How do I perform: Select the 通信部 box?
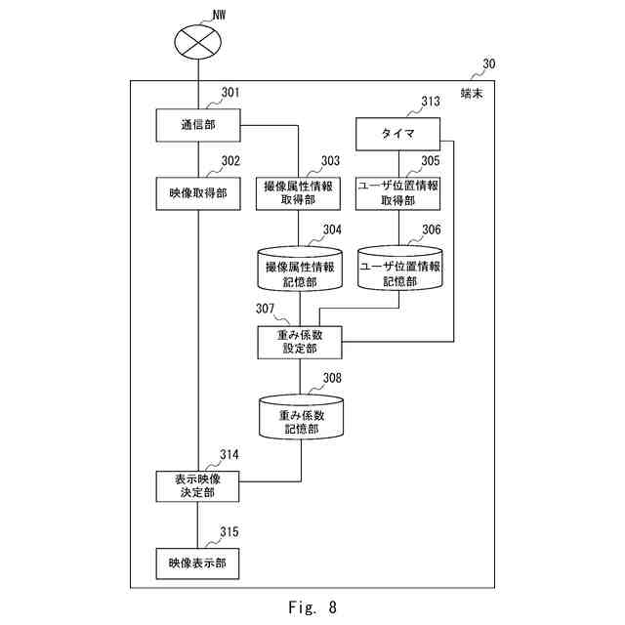click(198, 125)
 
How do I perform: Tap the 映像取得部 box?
click(198, 192)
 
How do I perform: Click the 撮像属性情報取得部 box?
click(298, 192)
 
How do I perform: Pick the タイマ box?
click(398, 132)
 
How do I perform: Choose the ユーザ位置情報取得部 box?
click(398, 192)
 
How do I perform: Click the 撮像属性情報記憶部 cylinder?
click(298, 270)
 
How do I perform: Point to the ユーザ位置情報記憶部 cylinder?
click(398, 270)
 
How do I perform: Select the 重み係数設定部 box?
click(300, 342)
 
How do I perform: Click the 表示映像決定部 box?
click(198, 485)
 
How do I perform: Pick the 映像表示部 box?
click(198, 563)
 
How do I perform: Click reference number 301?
click(230, 94)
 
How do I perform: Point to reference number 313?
click(431, 101)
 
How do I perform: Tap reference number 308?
click(332, 377)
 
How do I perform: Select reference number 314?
click(230, 455)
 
